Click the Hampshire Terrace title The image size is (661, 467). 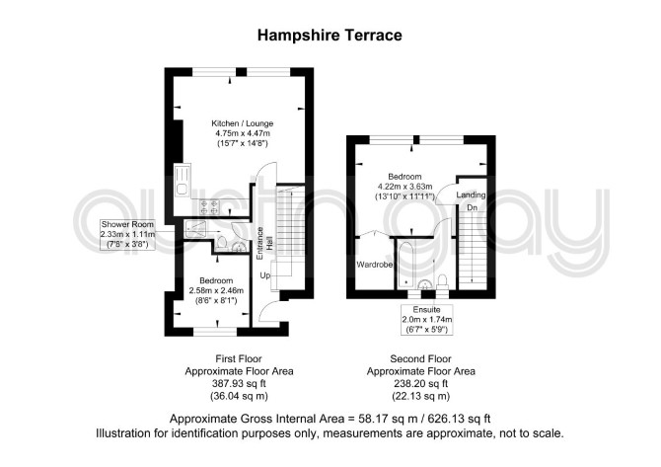pos(330,35)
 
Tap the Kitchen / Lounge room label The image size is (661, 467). pos(242,123)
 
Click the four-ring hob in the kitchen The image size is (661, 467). pos(209,206)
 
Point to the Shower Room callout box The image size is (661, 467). pos(127,235)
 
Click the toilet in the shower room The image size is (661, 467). pos(221,243)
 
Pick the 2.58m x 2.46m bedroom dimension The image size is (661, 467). pos(216,290)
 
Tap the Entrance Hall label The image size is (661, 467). pos(264,244)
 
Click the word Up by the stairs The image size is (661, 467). pos(265,275)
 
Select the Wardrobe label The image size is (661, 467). pos(375,265)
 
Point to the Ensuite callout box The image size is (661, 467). pos(426,319)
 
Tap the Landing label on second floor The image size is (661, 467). pos(471,195)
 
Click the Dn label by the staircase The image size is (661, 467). pos(472,208)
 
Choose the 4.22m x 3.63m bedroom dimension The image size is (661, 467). pos(404,187)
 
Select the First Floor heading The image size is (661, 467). pos(239,359)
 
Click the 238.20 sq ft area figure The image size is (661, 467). pos(420,384)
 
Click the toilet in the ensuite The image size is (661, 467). pos(442,281)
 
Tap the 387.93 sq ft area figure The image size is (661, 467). pos(239,384)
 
